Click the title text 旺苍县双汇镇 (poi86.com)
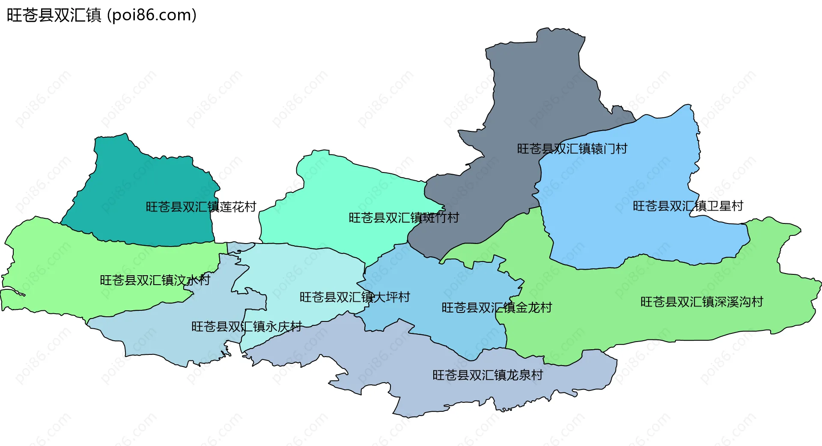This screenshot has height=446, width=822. [x=101, y=15]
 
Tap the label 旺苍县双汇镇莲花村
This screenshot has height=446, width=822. [x=201, y=207]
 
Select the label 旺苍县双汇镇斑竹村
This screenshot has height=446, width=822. [x=403, y=217]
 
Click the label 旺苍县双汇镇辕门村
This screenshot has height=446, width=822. [x=572, y=149]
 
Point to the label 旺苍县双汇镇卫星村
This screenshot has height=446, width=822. [x=688, y=206]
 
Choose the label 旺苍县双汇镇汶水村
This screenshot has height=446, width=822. [x=155, y=280]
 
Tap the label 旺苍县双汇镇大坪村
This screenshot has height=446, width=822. [x=354, y=297]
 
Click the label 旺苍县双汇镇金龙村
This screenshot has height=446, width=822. [x=497, y=307]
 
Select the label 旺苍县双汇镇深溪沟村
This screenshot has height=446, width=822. [x=702, y=302]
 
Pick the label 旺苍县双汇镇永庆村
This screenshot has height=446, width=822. [x=247, y=327]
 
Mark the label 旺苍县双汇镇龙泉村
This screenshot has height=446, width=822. [x=488, y=375]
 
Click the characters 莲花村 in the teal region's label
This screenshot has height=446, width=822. [x=238, y=207]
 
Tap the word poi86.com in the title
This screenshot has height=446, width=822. [x=152, y=15]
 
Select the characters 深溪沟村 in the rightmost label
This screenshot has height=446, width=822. [x=739, y=302]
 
